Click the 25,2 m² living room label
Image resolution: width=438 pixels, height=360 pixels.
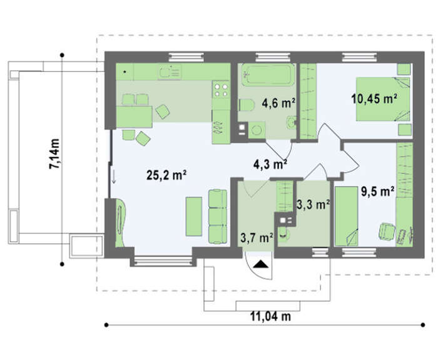(166, 175)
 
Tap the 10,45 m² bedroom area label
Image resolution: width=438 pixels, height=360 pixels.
(374, 99)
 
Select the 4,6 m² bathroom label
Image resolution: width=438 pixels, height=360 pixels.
(278, 103)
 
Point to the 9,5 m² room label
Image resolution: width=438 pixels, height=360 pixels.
(378, 192)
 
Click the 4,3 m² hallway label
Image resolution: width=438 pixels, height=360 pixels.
(270, 164)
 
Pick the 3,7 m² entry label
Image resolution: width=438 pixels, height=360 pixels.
(257, 239)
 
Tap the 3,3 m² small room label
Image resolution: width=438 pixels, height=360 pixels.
(313, 205)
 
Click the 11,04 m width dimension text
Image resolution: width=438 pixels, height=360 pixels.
(271, 317)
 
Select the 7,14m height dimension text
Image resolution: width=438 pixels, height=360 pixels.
(54, 154)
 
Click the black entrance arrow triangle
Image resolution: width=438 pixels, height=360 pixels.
(261, 264)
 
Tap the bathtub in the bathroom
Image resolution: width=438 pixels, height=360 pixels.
(268, 75)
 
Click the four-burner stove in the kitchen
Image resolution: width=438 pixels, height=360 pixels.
(221, 90)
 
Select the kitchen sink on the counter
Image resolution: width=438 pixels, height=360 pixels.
(170, 71)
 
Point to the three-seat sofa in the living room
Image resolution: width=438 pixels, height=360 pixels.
(218, 217)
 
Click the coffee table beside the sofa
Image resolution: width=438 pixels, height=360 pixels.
(194, 217)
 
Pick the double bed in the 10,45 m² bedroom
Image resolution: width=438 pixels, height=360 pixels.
(383, 99)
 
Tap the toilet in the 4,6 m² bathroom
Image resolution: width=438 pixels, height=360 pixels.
(247, 105)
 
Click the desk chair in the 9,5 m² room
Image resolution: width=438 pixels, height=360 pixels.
(387, 231)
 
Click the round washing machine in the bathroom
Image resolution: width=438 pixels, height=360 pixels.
(257, 130)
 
